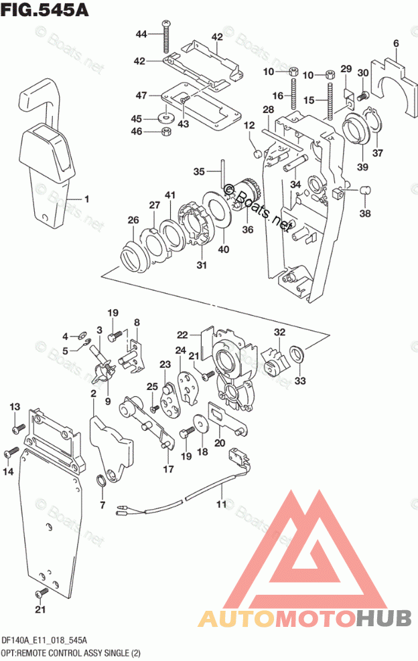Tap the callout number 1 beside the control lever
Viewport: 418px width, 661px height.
[86, 199]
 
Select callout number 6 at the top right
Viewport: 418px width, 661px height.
[396, 45]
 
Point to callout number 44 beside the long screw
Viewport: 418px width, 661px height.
[141, 33]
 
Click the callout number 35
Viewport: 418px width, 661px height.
[198, 172]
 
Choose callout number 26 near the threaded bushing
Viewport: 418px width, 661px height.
[133, 220]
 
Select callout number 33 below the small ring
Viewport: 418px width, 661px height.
[299, 381]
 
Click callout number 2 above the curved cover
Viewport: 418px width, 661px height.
[93, 393]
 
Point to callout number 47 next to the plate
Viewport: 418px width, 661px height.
[141, 96]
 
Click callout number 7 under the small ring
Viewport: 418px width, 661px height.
[102, 504]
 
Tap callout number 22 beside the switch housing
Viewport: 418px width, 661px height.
[183, 335]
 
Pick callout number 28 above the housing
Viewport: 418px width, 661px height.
[268, 109]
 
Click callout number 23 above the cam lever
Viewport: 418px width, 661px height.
[165, 365]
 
